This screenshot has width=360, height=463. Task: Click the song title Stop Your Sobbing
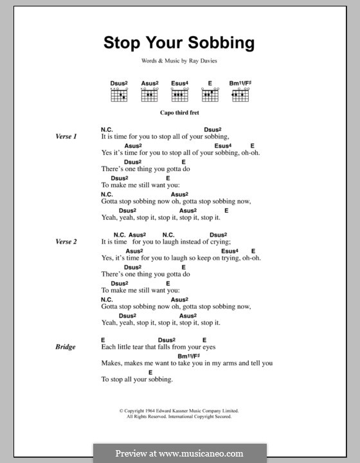click(x=179, y=43)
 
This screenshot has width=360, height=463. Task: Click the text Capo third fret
click(x=179, y=112)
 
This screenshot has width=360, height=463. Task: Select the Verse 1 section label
click(x=66, y=137)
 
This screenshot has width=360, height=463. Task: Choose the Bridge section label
click(x=66, y=347)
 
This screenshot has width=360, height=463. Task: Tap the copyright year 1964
click(x=155, y=410)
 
